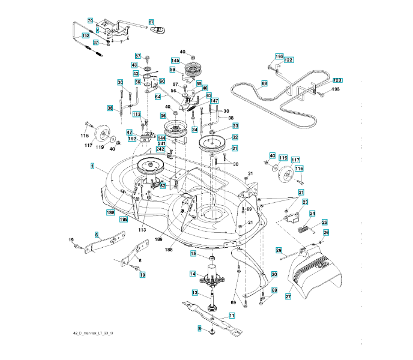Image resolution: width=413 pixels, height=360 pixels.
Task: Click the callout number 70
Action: click(90, 21)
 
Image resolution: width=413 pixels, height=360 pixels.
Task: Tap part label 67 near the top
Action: click(151, 22)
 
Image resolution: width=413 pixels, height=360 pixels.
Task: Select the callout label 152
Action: click(85, 36)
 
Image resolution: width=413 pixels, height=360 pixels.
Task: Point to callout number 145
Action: click(175, 61)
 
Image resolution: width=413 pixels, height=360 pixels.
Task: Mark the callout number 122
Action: click(289, 60)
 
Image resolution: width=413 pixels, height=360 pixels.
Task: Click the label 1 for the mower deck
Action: click(92, 165)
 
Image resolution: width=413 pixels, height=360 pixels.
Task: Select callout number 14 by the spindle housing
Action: click(192, 274)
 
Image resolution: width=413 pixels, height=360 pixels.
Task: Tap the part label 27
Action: click(288, 296)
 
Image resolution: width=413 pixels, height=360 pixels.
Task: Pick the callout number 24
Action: click(312, 214)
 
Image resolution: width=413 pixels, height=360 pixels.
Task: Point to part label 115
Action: click(283, 158)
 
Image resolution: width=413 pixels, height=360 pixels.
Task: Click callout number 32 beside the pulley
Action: click(235, 137)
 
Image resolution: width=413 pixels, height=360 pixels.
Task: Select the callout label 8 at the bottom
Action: click(199, 328)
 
